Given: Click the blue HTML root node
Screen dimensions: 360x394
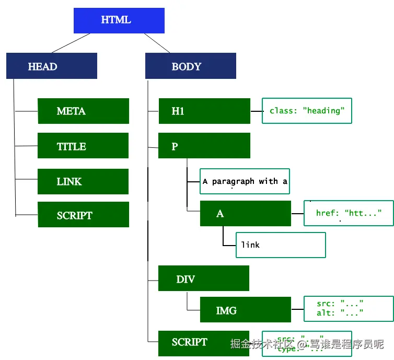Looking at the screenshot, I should (x=120, y=21).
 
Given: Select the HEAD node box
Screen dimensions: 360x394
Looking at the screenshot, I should (x=52, y=66).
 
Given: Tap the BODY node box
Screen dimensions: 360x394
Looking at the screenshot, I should (x=190, y=66).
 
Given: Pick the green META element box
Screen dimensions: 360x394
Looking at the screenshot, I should (x=83, y=111).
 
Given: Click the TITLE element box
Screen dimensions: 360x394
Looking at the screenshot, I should (x=83, y=146).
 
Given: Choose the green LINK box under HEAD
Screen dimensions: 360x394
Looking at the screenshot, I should (x=83, y=181).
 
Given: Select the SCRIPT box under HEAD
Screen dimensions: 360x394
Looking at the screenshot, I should (x=83, y=215).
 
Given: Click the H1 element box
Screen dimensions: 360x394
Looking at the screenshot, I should (x=204, y=111).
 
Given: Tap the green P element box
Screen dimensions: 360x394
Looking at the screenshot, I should (x=204, y=146).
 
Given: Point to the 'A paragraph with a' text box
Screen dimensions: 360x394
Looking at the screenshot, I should (x=245, y=181).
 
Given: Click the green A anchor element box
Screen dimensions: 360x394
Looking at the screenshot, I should (x=245, y=213).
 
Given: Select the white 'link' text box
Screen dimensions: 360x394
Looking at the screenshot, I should (x=281, y=245).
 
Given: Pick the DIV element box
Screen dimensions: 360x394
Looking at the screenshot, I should (x=204, y=278).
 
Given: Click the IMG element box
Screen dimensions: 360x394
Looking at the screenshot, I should (x=245, y=310).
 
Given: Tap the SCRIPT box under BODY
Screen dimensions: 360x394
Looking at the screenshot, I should (x=196, y=343).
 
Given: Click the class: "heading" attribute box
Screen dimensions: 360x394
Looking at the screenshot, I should (x=307, y=111).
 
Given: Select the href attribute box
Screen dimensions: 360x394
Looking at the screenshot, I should (x=349, y=213).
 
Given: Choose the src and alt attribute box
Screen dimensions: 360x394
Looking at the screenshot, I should (x=349, y=309).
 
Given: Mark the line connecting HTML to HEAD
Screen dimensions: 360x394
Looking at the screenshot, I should (x=71, y=43).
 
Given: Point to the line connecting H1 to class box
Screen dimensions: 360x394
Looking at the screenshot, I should (x=256, y=111).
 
